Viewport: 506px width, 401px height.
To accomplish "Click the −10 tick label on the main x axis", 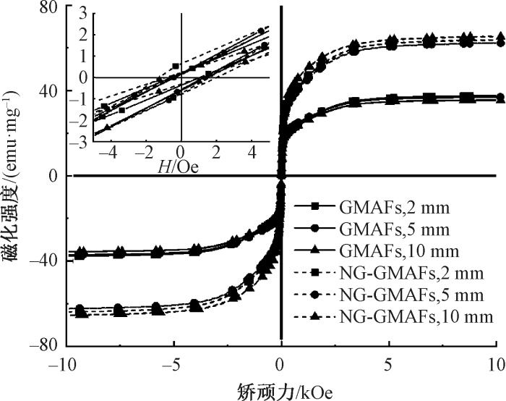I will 63,362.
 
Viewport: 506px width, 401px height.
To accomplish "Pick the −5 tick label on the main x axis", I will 171,362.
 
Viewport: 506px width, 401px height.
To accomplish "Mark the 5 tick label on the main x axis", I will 390,362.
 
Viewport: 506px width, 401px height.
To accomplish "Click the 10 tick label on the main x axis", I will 496,362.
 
